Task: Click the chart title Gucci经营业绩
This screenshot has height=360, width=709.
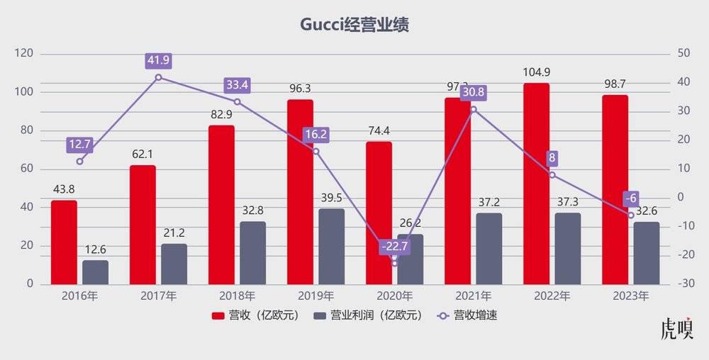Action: (354, 25)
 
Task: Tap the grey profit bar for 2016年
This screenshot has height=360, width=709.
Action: (95, 272)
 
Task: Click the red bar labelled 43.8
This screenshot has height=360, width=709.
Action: (64, 242)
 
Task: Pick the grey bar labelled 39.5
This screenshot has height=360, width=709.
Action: (331, 246)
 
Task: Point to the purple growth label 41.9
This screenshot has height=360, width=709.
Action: (158, 61)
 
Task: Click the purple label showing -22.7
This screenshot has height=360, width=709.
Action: (394, 246)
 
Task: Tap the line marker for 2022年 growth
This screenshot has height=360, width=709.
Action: (552, 174)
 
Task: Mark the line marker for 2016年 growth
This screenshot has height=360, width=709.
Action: (79, 161)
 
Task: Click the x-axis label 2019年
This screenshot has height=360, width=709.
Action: (316, 296)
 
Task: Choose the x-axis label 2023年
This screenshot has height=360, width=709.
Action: (630, 296)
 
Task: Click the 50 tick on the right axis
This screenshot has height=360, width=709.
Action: (684, 54)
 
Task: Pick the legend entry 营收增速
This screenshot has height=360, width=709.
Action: (467, 315)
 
